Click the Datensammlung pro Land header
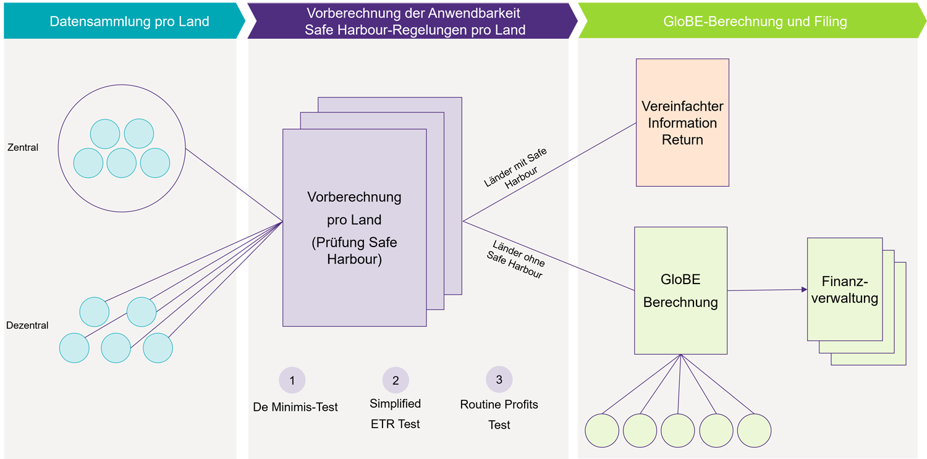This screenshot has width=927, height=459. (129, 22)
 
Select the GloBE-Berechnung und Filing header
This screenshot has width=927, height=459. (755, 22)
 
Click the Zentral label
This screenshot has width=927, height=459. (23, 148)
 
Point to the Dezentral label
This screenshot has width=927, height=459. (27, 326)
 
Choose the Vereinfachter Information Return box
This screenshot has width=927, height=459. (682, 122)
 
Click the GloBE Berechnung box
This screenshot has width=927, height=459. (680, 290)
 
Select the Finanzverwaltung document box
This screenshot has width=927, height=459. (845, 290)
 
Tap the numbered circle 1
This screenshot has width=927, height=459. (292, 381)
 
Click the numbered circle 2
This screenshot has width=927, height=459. (396, 381)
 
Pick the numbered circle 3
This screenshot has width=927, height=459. (499, 380)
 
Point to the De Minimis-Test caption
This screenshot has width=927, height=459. (295, 407)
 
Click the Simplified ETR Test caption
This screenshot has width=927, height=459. (396, 414)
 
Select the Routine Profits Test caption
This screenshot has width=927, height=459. (499, 415)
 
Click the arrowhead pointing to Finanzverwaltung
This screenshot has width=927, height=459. (804, 289)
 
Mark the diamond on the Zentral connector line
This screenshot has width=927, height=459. (243, 191)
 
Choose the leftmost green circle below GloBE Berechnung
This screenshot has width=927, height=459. (602, 431)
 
